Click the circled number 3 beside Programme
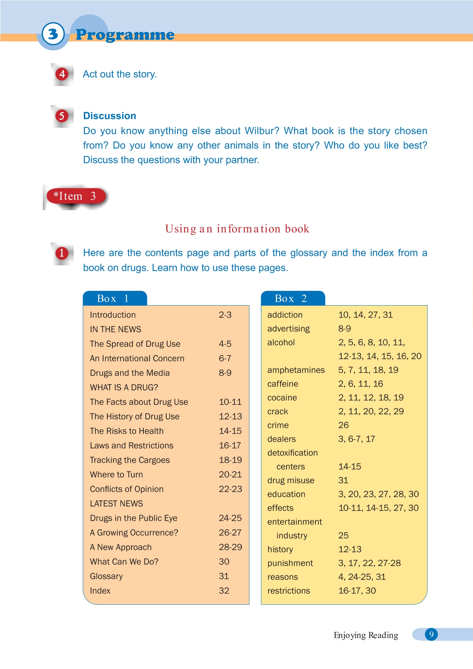click(x=53, y=34)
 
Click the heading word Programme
click(x=125, y=35)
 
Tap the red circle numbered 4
click(x=62, y=74)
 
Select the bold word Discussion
click(x=110, y=116)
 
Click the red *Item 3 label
click(x=75, y=196)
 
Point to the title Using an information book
click(x=237, y=229)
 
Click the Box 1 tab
click(x=113, y=298)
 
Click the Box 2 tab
click(x=291, y=298)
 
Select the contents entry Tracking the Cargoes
click(x=130, y=460)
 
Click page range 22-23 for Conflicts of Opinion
click(x=230, y=489)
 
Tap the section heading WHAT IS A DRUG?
click(x=124, y=387)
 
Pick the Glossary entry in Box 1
click(x=106, y=576)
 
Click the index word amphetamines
click(x=296, y=370)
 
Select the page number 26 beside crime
click(x=343, y=425)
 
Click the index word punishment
click(x=290, y=563)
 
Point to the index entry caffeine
click(x=283, y=384)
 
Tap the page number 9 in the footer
click(x=431, y=634)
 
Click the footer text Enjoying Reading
click(x=366, y=635)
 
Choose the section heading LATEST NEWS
click(x=116, y=503)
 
